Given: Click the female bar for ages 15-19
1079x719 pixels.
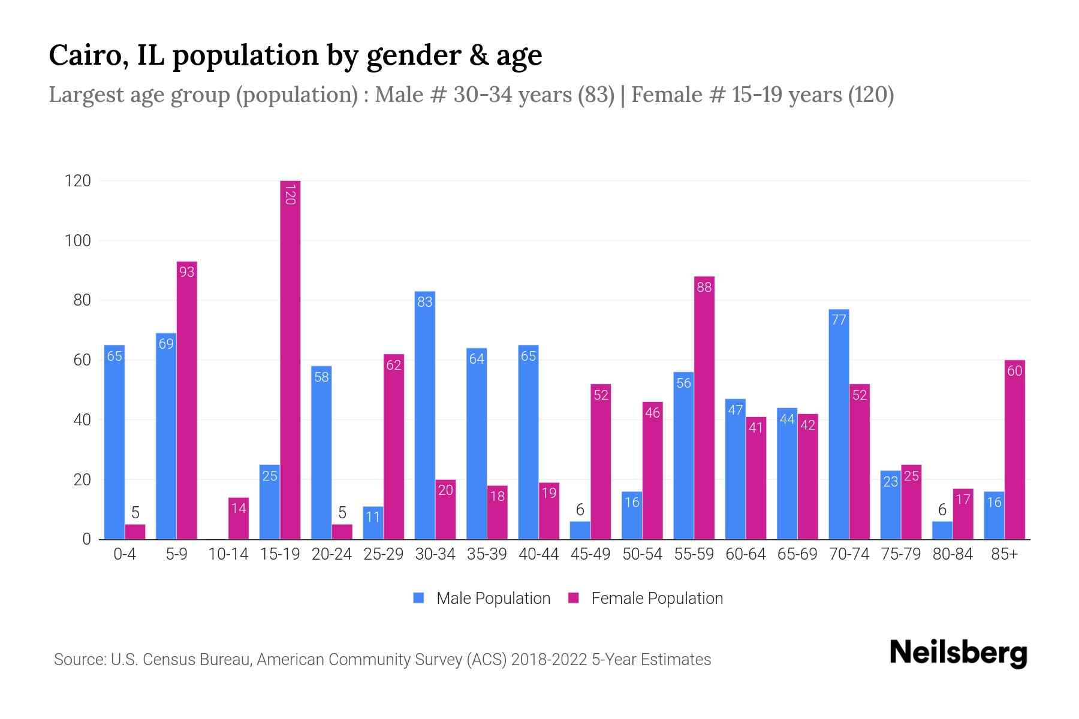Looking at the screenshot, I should pos(290,359).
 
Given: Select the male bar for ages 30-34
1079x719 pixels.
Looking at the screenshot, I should pos(424,415).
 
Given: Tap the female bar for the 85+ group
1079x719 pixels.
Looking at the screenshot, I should pos(1014,449).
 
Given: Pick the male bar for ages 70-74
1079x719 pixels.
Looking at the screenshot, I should pos(839,424).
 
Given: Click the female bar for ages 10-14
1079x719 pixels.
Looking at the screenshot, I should pos(239,518).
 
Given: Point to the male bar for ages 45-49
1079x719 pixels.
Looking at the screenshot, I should pos(580,531).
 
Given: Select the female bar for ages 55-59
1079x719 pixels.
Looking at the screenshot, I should pos(704,407).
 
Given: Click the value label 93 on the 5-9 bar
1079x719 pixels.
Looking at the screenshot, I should pos(187,272).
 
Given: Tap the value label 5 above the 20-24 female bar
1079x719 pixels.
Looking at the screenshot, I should pos(342,513).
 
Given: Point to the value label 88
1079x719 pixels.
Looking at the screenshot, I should pos(704,288).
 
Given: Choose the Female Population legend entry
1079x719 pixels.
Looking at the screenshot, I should pos(646,599).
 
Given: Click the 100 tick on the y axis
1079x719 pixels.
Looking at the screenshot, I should pos(78,241).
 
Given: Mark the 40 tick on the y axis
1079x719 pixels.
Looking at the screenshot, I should pos(82,420).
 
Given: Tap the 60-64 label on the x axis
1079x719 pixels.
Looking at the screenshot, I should pos(745,554).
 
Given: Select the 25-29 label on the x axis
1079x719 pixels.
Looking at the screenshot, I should pos(383,554).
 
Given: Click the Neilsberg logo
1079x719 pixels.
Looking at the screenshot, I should pos(958,653).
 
